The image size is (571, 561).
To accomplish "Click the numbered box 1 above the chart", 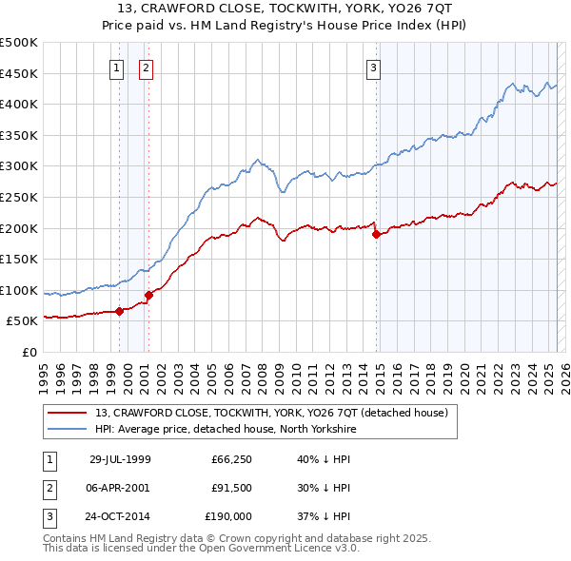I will point(116,67).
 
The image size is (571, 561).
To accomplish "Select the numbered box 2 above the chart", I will point(146,67).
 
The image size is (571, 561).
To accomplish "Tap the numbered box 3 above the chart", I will point(374,67).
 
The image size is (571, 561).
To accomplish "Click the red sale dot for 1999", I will point(120,310).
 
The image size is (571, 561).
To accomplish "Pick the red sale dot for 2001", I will point(148,295).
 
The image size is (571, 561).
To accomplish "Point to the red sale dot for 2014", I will point(376,234).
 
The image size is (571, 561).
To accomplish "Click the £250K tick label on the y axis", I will point(19,197).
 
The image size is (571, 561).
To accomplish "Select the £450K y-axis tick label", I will point(19,73).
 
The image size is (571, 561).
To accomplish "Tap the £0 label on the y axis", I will point(30,352).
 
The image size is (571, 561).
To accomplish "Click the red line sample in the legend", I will point(68,412).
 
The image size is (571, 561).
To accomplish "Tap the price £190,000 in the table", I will point(228,516).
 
